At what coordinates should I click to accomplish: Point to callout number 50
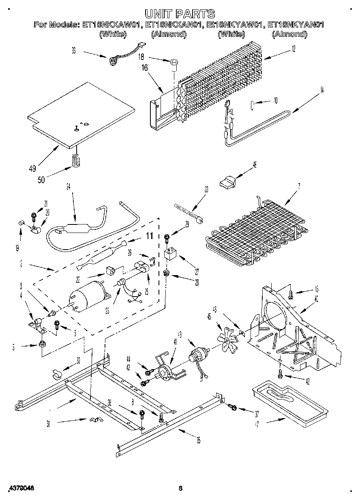41,179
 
